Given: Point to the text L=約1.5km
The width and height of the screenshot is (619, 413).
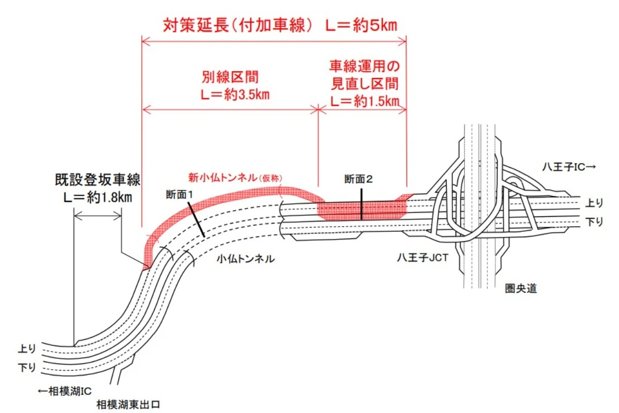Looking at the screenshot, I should tap(365, 101).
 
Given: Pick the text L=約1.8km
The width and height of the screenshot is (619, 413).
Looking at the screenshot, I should tap(98, 197).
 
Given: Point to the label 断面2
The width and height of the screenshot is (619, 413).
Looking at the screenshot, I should tap(359, 180).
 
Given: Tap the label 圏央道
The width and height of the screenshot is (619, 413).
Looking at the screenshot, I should tap(521, 289).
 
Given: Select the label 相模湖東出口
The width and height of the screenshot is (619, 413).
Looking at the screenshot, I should tap(125, 404).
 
